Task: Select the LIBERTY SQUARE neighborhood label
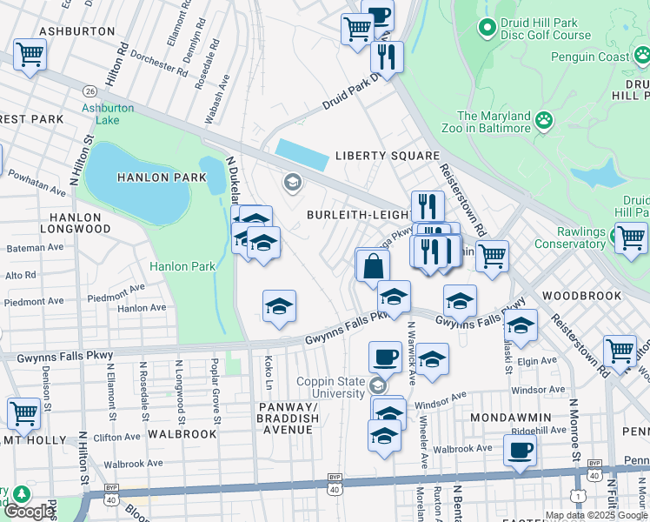tap(388, 157)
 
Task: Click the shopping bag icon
tap(373, 266)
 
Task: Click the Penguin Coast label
tap(589, 57)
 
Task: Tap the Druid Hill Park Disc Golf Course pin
tap(487, 28)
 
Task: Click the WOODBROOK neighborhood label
tap(582, 296)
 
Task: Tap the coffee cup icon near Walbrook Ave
tap(520, 451)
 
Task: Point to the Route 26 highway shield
tap(90, 90)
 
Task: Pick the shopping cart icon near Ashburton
tap(30, 55)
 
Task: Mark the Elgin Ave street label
tap(535, 360)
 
